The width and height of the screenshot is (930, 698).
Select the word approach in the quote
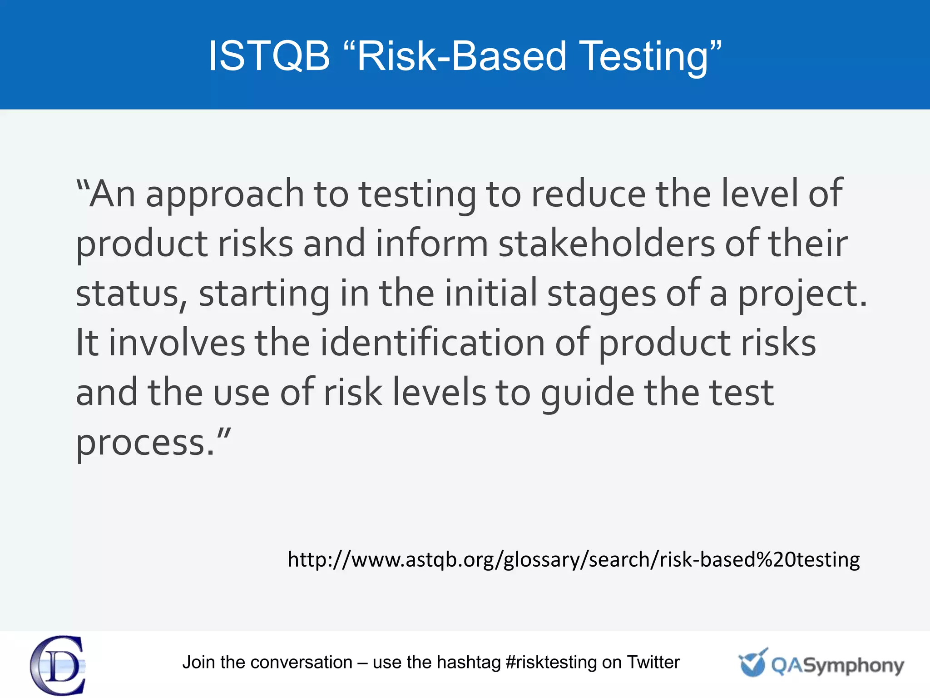pos(225,194)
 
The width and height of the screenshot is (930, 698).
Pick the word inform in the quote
pos(432,244)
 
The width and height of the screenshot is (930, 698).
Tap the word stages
pos(602,294)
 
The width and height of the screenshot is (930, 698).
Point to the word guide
pos(588,393)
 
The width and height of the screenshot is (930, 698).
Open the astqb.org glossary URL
pos(574,559)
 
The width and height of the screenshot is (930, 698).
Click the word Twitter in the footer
pos(653,662)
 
